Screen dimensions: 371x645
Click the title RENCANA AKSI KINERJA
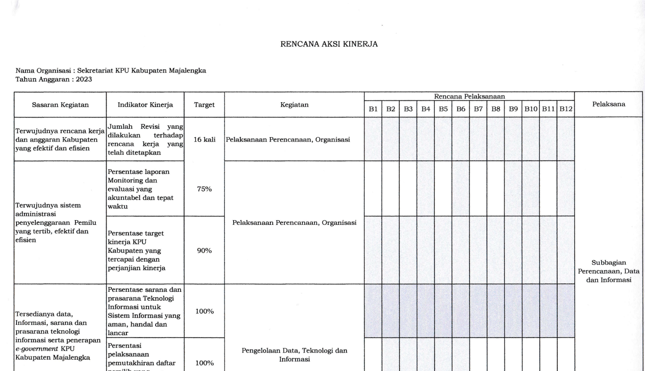pos(329,44)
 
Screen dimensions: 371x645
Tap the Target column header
pos(204,105)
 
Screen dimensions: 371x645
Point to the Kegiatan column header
pos(294,105)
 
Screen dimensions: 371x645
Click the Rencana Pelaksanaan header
pos(469,96)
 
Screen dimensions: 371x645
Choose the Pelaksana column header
pos(609,105)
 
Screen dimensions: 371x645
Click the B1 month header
pos(373,109)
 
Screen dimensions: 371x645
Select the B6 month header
pos(461,109)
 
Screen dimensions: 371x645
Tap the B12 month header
pos(566,109)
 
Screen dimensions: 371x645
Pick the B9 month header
pos(513,109)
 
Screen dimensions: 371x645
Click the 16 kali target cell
pos(204,140)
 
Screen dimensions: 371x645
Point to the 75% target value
pos(204,189)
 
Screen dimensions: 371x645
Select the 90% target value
pos(204,250)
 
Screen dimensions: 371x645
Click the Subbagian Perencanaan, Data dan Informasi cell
pos(609,271)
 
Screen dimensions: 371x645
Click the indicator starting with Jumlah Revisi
pos(146,139)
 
